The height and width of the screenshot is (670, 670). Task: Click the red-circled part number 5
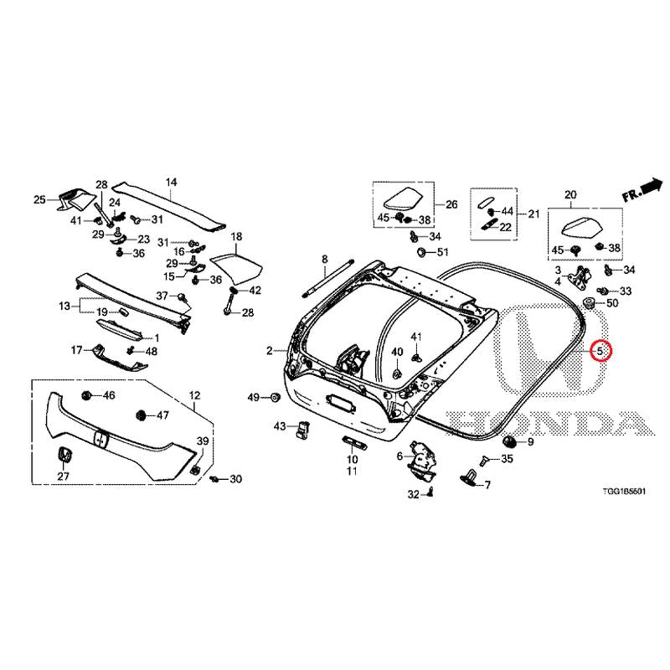tap(600, 351)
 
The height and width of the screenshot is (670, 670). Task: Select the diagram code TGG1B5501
tap(624, 492)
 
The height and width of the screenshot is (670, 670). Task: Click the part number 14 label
tap(171, 183)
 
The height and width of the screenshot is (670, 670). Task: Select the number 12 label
tap(194, 395)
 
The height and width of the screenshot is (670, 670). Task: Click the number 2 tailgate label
tap(269, 351)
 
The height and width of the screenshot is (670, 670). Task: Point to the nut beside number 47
tap(140, 415)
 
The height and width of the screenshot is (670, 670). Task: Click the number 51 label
tap(442, 252)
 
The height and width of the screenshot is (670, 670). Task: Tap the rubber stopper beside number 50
tap(590, 303)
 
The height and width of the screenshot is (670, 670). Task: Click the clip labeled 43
tap(303, 429)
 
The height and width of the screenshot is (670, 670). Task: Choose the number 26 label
tap(451, 204)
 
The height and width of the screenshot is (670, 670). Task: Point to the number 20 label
tap(570, 195)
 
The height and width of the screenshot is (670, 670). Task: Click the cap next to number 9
tap(510, 441)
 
